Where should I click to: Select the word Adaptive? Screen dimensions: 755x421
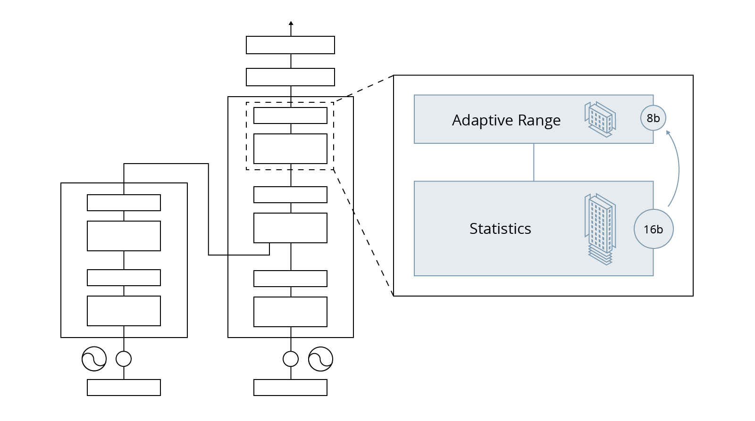(482, 121)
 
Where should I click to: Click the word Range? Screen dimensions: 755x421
(539, 121)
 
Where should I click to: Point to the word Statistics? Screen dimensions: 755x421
(500, 229)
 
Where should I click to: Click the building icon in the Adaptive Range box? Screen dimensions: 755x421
(600, 119)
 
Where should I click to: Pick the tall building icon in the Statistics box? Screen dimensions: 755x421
(600, 229)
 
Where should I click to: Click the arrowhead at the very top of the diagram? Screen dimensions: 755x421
(291, 23)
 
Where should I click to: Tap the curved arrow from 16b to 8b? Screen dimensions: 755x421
(678, 168)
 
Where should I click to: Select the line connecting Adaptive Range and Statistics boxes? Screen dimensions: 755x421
(534, 162)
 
